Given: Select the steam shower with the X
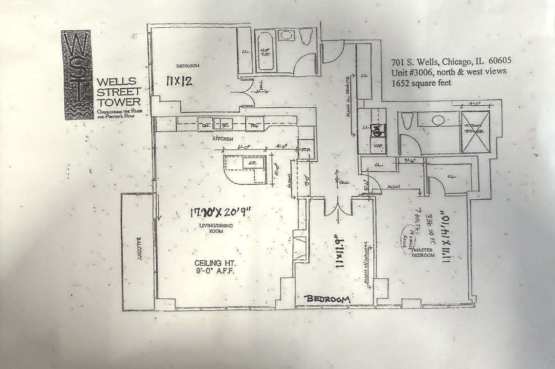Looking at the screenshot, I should pos(475,132).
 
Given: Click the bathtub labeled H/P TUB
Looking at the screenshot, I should pos(265,51).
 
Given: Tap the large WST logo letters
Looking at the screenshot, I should pos(78,74).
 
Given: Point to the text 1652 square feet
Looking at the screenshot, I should pos(421,83).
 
